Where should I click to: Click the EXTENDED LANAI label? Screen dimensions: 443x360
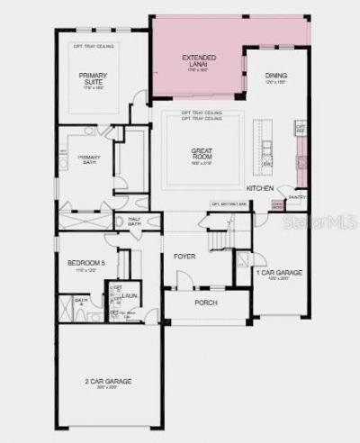[199, 61]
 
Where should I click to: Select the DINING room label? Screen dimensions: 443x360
[275, 77]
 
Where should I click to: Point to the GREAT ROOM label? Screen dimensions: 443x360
[200, 154]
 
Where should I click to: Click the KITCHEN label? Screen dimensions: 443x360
[261, 187]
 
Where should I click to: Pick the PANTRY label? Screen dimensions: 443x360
[297, 196]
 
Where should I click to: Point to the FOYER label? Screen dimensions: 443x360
[184, 257]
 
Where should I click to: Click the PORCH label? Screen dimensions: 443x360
[206, 302]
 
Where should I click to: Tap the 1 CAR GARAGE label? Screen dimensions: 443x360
[279, 273]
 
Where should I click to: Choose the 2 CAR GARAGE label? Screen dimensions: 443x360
[108, 382]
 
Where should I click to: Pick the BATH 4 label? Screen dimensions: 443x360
[81, 301]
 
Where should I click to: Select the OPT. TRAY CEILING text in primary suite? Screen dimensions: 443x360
[93, 43]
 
